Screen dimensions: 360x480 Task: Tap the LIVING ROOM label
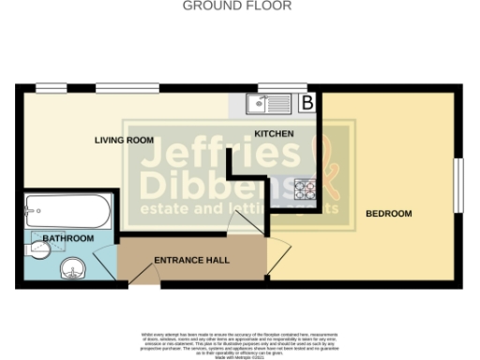click(124, 141)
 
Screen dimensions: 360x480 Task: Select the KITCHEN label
click(275, 134)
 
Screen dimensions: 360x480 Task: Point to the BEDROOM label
click(389, 215)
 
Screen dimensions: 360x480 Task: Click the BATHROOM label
click(68, 239)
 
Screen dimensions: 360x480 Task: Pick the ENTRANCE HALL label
click(192, 260)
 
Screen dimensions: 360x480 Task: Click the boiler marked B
click(307, 102)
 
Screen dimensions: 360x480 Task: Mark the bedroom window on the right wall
click(459, 185)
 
